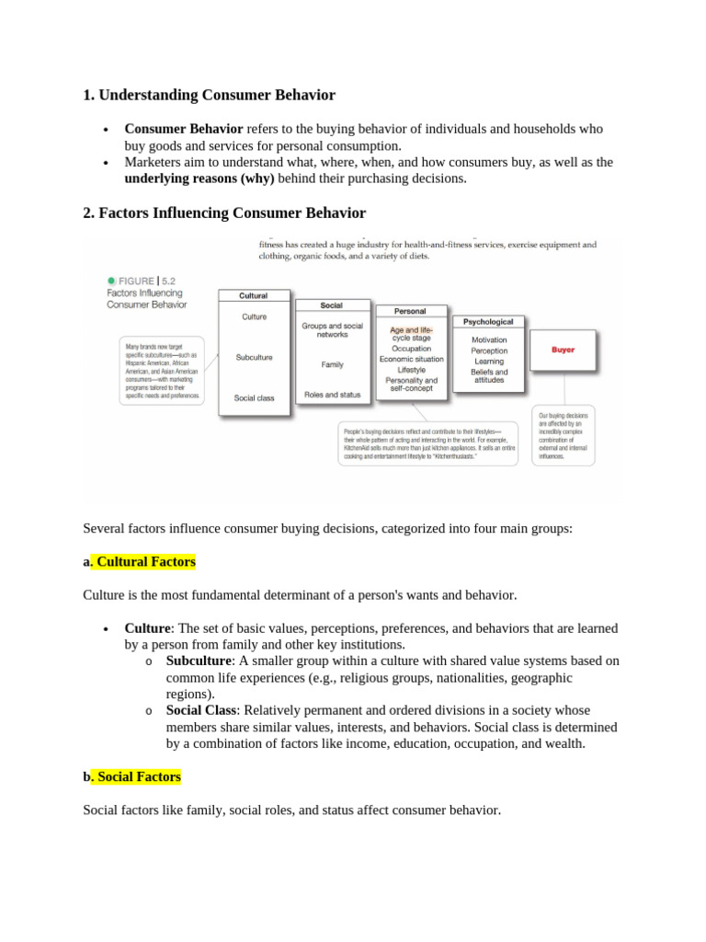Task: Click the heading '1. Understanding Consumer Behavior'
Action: [x=209, y=95]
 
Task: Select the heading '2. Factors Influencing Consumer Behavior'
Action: [x=223, y=213]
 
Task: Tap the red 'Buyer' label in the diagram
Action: [x=563, y=350]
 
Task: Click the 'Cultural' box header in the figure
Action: [x=254, y=295]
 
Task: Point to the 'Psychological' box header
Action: [x=488, y=322]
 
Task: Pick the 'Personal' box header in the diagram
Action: [x=411, y=312]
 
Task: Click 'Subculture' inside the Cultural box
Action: [x=254, y=357]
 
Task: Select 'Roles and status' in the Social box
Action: [x=332, y=395]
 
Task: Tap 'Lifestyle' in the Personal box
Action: [x=411, y=370]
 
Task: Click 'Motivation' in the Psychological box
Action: [x=489, y=339]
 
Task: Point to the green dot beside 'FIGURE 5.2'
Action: [x=111, y=281]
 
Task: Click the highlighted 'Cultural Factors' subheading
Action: [x=145, y=561]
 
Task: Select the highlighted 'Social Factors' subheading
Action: [x=139, y=776]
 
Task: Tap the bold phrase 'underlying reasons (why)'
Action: [x=199, y=178]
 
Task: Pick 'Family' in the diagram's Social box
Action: [x=332, y=364]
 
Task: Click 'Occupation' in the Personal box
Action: [x=411, y=349]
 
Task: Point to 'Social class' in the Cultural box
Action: [x=254, y=398]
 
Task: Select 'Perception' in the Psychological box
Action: [x=489, y=350]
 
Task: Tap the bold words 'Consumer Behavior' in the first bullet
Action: [x=184, y=129]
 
